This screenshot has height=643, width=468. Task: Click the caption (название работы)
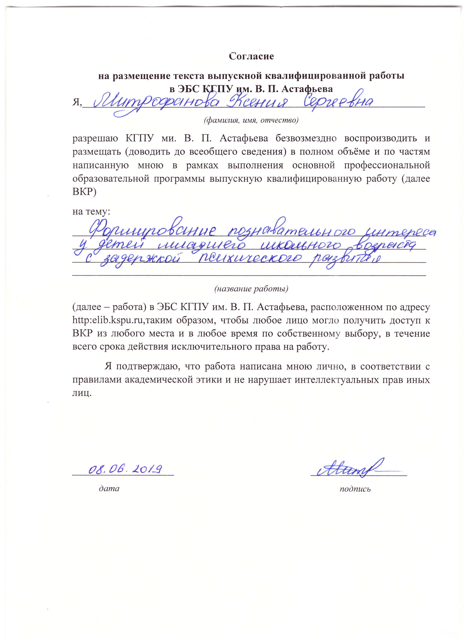click(x=251, y=289)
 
